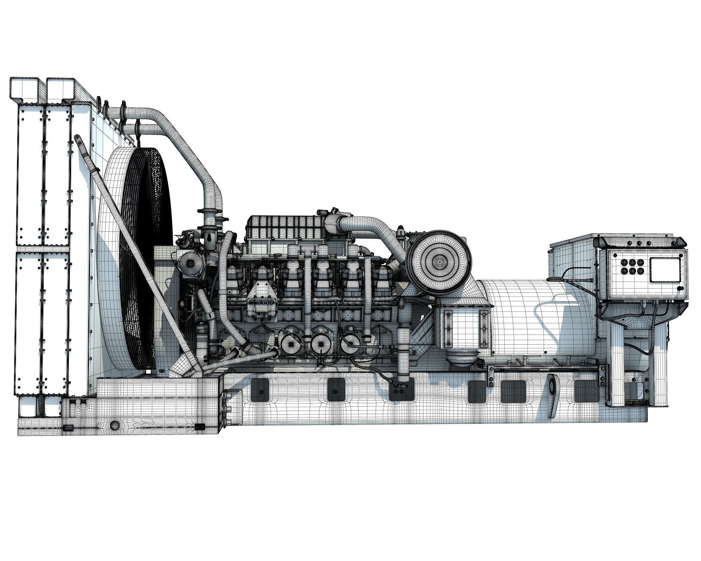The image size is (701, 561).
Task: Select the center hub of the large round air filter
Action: coord(439,261)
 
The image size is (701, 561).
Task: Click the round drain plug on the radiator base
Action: coord(115,425)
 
